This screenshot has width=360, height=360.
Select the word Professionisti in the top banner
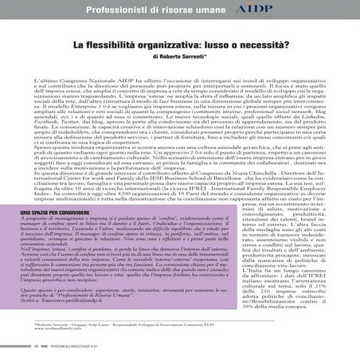120,11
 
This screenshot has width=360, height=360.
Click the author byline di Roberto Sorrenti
179,61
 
